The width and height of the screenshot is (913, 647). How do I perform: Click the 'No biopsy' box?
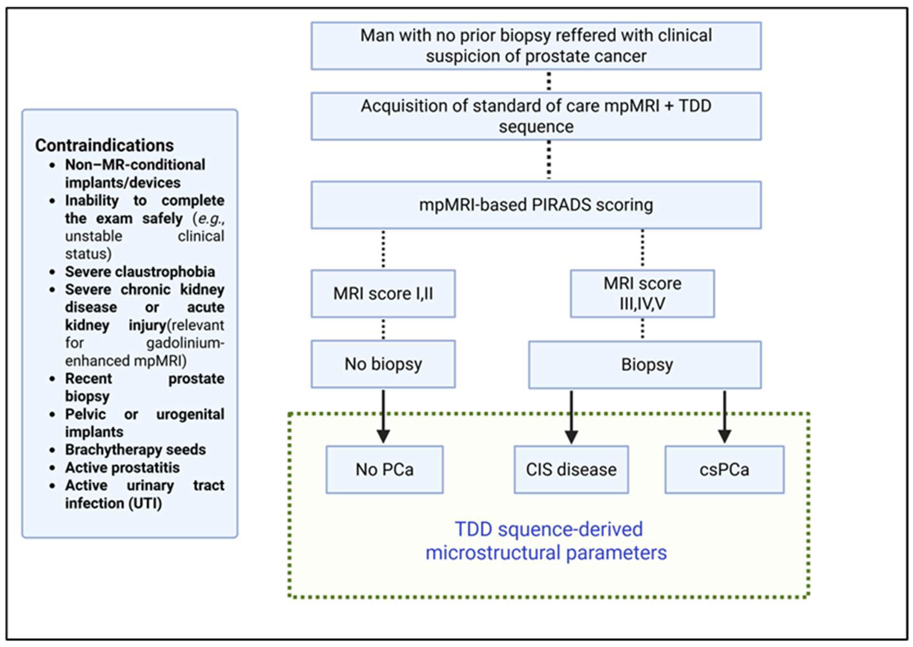[x=383, y=364]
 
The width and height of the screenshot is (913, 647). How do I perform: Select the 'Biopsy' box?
[x=644, y=365]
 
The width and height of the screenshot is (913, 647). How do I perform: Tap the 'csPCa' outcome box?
[x=724, y=469]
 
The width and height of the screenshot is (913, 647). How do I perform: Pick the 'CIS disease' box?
[x=571, y=469]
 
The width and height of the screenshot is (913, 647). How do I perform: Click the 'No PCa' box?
[x=384, y=469]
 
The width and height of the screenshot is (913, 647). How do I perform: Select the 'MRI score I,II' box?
[x=383, y=294]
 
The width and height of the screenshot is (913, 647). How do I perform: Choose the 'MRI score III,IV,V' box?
[x=642, y=294]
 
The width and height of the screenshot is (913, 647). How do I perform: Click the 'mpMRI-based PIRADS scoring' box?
[x=536, y=205]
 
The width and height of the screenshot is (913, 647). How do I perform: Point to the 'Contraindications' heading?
[x=104, y=145]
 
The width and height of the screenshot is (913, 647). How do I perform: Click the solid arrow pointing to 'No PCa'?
[x=383, y=416]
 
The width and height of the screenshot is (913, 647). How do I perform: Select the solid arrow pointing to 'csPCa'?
[x=724, y=416]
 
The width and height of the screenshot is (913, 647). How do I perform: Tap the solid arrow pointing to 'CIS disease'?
[x=571, y=416]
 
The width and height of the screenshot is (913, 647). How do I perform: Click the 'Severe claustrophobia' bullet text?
[x=140, y=272]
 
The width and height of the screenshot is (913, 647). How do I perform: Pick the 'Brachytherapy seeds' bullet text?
[x=135, y=449]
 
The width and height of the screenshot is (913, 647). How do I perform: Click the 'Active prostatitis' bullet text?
[x=122, y=467]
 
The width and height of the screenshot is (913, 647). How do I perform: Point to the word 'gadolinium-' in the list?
[x=185, y=343]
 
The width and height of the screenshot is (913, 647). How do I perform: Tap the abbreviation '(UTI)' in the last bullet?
[x=145, y=503]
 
